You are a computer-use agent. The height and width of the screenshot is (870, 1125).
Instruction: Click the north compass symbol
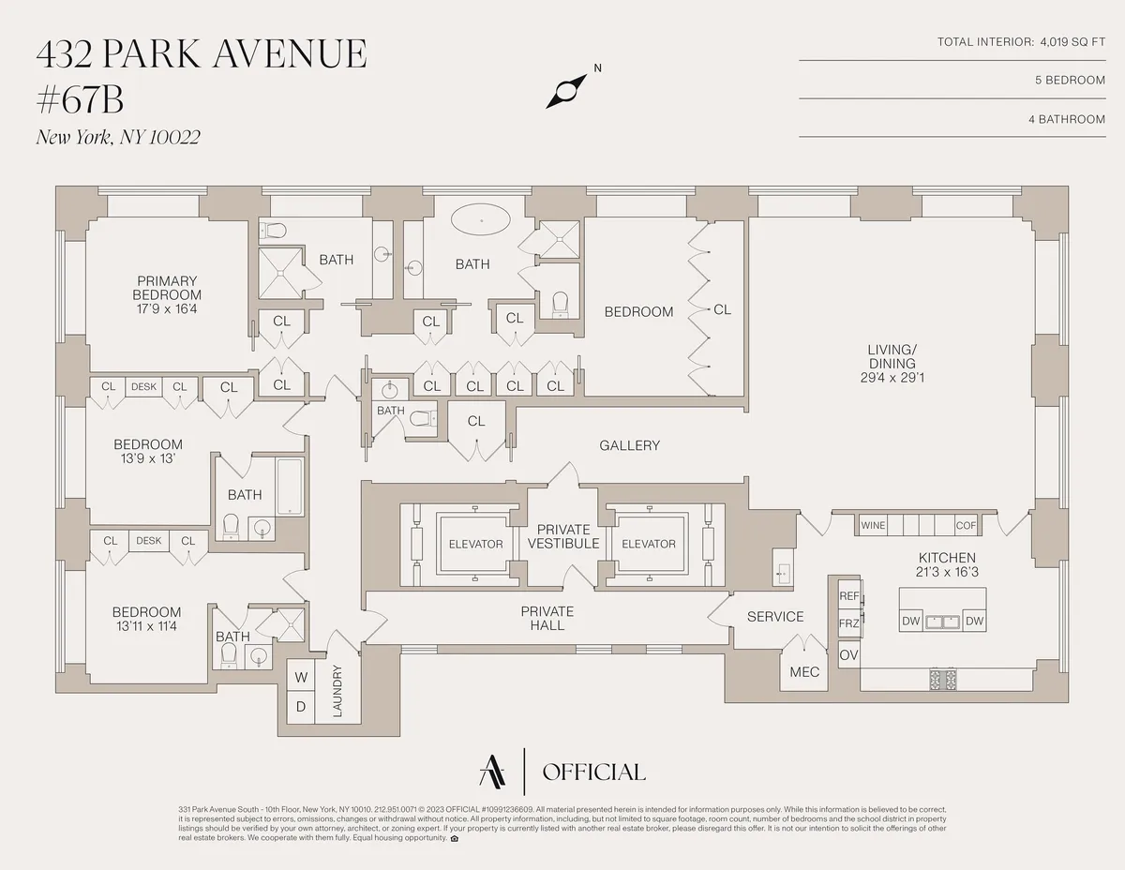pyautogui.click(x=566, y=92)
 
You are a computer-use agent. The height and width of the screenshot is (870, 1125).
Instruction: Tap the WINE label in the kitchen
pyautogui.click(x=873, y=526)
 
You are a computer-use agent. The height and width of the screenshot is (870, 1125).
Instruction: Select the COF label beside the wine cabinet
pyautogui.click(x=966, y=526)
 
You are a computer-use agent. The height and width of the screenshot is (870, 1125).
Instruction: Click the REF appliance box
pyautogui.click(x=849, y=596)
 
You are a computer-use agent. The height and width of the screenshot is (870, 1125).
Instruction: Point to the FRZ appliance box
pyautogui.click(x=849, y=623)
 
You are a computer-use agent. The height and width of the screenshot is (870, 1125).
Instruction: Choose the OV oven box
pyautogui.click(x=848, y=655)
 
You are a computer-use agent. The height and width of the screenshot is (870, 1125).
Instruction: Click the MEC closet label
pyautogui.click(x=804, y=672)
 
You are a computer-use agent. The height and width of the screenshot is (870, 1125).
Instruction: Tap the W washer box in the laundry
pyautogui.click(x=301, y=677)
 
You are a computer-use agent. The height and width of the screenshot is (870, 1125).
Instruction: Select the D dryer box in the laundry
pyautogui.click(x=301, y=706)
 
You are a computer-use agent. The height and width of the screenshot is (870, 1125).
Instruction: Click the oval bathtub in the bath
pyautogui.click(x=481, y=222)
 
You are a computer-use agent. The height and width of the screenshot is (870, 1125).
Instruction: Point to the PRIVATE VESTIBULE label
pyautogui.click(x=563, y=536)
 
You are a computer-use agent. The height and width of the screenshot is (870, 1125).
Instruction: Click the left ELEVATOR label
pyautogui.click(x=475, y=544)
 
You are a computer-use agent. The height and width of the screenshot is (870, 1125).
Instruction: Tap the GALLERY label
pyautogui.click(x=630, y=445)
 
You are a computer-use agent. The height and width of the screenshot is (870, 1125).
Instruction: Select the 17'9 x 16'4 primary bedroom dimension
pyautogui.click(x=166, y=307)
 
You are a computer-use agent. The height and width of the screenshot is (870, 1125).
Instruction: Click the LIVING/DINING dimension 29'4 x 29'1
pyautogui.click(x=892, y=378)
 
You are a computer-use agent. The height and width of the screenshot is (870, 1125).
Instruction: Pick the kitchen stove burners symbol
pyautogui.click(x=943, y=679)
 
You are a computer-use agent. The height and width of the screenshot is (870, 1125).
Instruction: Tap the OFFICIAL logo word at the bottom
pyautogui.click(x=593, y=772)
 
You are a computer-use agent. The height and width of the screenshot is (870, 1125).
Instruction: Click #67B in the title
pyautogui.click(x=81, y=97)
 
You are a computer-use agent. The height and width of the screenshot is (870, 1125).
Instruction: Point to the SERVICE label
pyautogui.click(x=775, y=616)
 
